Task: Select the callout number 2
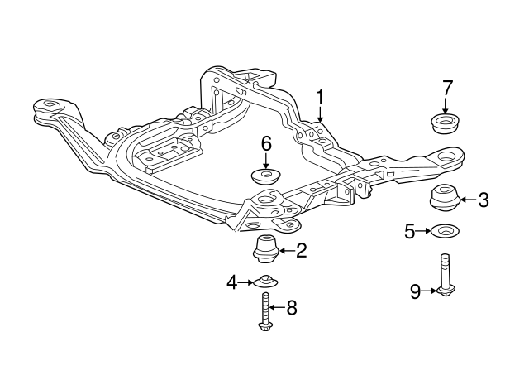point(301,250)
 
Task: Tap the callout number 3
point(484,200)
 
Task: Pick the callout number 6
point(266,144)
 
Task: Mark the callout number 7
point(447,87)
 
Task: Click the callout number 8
point(290,308)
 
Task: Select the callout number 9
point(416,290)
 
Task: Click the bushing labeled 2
point(264,248)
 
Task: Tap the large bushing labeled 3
point(444,200)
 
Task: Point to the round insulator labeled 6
point(266,176)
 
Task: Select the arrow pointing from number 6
point(266,161)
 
